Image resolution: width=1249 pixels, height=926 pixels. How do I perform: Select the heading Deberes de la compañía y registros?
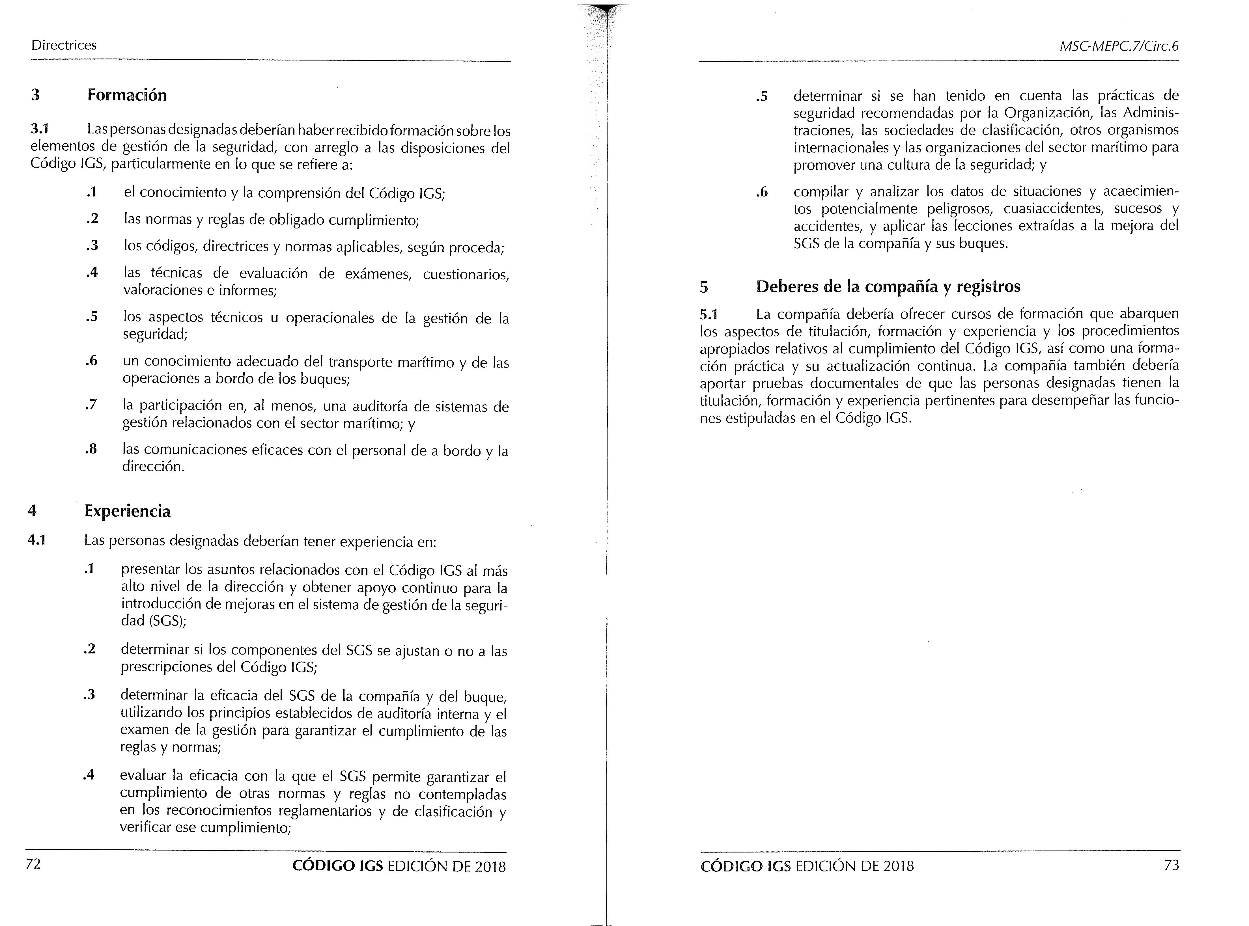pyautogui.click(x=888, y=286)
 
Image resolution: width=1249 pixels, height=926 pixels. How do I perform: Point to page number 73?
pyautogui.click(x=1171, y=865)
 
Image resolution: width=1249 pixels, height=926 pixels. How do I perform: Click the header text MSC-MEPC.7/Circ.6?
pyautogui.click(x=1119, y=47)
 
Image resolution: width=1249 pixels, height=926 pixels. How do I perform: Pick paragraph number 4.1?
pyautogui.click(x=37, y=540)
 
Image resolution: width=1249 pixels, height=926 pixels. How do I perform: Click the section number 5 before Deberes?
pyautogui.click(x=704, y=287)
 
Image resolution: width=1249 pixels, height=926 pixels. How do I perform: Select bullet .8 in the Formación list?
pyautogui.click(x=91, y=449)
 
